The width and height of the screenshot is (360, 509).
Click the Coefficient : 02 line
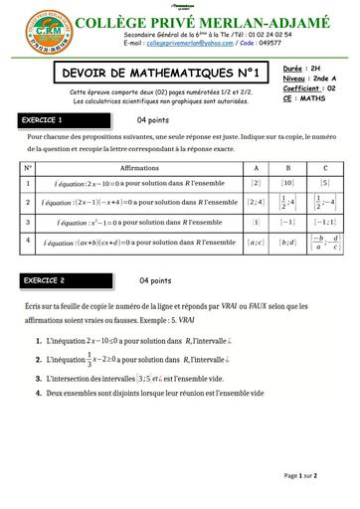click(x=308, y=88)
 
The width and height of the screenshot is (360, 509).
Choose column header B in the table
click(x=287, y=168)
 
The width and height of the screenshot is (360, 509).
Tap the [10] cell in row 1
click(x=287, y=183)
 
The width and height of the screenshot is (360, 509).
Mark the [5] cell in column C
click(x=324, y=183)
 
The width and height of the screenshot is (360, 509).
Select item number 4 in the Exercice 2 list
click(x=37, y=393)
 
